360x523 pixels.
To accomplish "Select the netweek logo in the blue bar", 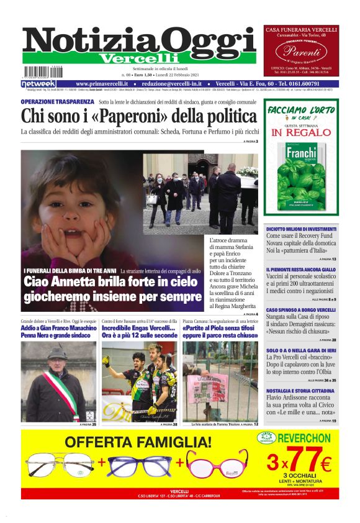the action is [38, 83].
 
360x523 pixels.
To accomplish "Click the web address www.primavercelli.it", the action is [102, 83].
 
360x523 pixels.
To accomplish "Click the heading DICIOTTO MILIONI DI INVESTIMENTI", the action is [301, 229].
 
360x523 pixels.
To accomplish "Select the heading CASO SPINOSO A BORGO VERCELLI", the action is [301, 309].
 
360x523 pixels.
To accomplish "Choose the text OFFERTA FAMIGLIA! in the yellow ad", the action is [138, 443].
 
